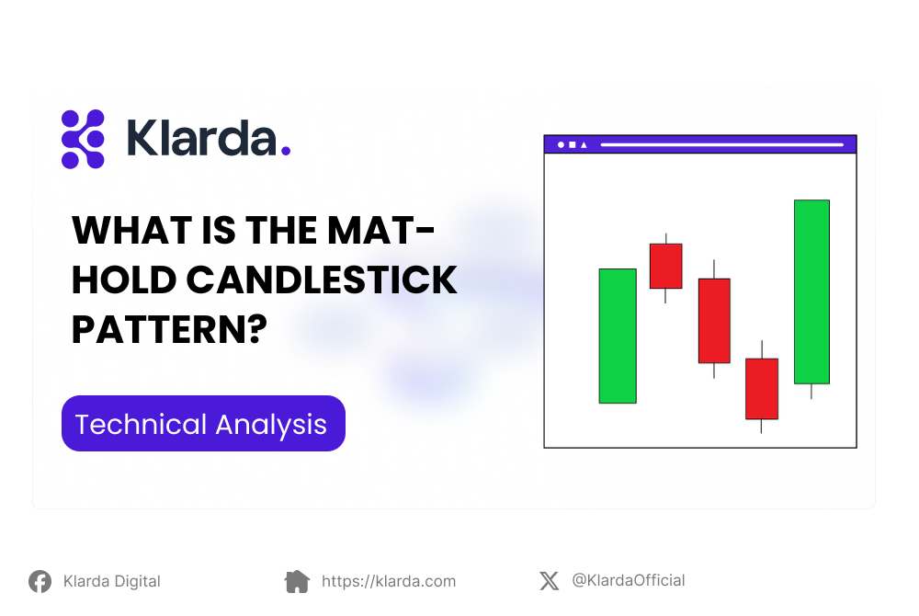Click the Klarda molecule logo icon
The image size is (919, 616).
click(x=83, y=139)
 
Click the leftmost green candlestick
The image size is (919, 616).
click(x=618, y=336)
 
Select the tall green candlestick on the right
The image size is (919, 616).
click(x=811, y=291)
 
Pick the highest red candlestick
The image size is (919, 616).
click(x=665, y=266)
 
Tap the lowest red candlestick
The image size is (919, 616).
click(x=761, y=388)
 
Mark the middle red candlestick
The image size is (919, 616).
click(x=714, y=320)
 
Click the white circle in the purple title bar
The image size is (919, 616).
click(x=561, y=144)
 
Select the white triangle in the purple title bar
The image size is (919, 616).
click(x=584, y=144)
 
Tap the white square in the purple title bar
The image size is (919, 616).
click(x=572, y=144)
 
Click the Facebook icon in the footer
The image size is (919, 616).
click(x=40, y=581)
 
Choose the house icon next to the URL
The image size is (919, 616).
click(x=297, y=581)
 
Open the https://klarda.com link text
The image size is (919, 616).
click(x=388, y=581)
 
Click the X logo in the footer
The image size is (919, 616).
click(x=549, y=580)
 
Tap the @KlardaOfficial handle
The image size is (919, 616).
click(x=628, y=580)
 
